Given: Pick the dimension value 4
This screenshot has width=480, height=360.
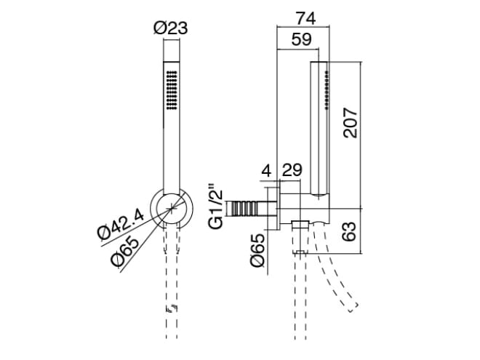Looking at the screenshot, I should (265, 172).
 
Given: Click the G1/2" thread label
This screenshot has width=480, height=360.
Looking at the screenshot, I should (215, 207).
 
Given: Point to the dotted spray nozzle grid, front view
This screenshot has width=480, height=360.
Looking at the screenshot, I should (172, 91).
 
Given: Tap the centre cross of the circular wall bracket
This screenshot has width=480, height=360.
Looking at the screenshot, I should (172, 209).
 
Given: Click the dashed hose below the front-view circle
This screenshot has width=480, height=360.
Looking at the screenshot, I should (172, 276).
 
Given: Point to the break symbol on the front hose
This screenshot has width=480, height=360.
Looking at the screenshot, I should (172, 310).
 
